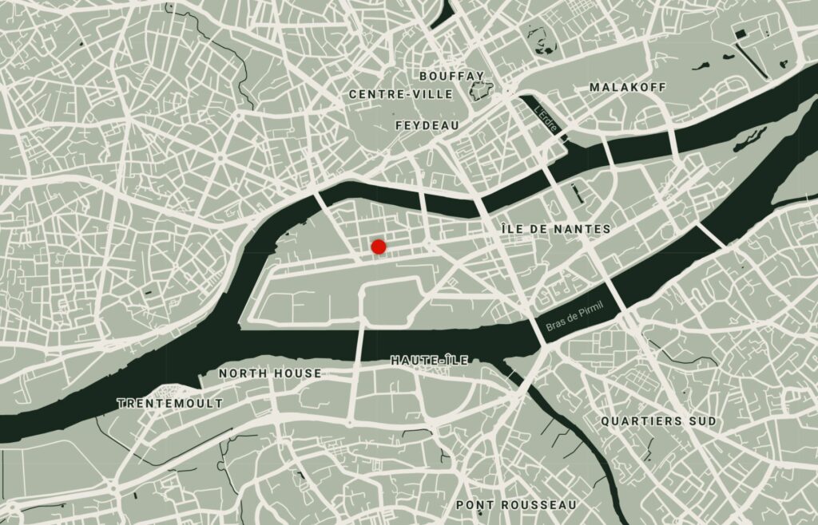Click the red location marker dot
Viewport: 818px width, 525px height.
point(379,247)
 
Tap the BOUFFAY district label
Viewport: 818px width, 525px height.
point(451,76)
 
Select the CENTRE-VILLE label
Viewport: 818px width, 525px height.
point(401,94)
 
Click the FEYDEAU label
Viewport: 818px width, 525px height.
point(427,126)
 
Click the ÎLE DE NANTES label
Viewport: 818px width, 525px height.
point(556,229)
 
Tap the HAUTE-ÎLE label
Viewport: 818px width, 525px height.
point(430,361)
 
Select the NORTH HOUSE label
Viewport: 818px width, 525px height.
point(270,373)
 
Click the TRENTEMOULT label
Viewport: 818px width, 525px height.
point(170,404)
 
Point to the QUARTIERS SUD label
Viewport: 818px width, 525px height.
point(659,420)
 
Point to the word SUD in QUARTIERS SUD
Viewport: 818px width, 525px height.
point(701,420)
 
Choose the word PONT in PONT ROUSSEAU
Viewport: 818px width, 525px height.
point(473,505)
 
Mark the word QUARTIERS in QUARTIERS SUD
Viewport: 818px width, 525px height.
point(641,420)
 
